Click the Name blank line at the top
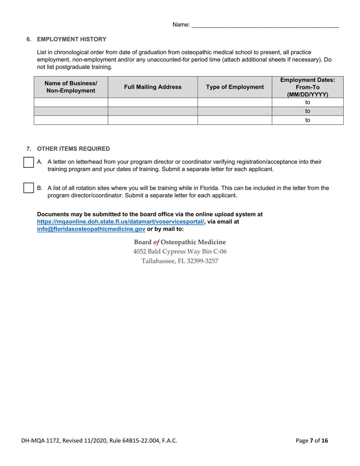pyautogui.click(x=265, y=25)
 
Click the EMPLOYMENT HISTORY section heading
pyautogui.click(x=72, y=39)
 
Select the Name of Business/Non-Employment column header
pyautogui.click(x=71, y=87)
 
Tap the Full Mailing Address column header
pyautogui.click(x=153, y=87)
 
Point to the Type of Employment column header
pyautogui.click(x=235, y=87)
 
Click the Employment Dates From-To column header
pyautogui.click(x=307, y=87)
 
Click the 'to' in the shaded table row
pyautogui.click(x=308, y=111)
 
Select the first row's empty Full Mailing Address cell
pyautogui.click(x=153, y=102)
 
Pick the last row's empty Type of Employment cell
pyautogui.click(x=235, y=120)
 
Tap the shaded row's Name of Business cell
pyautogui.click(x=71, y=111)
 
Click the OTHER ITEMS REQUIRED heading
pyautogui.click(x=74, y=149)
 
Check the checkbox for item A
pyautogui.click(x=29, y=162)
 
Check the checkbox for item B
pyautogui.click(x=29, y=188)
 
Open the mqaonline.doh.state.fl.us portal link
pyautogui.click(x=121, y=222)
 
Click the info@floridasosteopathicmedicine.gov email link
pyautogui.click(x=91, y=229)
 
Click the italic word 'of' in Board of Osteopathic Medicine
pyautogui.click(x=156, y=242)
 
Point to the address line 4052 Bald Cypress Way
pyautogui.click(x=180, y=252)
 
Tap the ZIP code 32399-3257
pyautogui.click(x=202, y=261)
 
